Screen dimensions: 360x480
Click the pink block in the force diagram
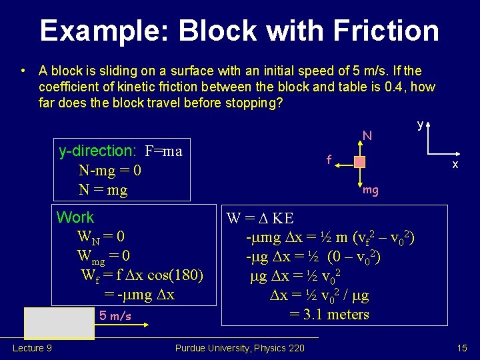click(x=360, y=162)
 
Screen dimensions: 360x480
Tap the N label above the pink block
click(x=366, y=137)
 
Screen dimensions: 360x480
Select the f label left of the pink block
click(x=329, y=160)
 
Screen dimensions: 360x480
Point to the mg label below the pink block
click(x=371, y=190)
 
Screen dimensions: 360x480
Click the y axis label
click(x=420, y=125)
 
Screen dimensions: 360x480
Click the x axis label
click(x=455, y=165)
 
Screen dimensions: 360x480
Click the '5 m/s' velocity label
click(x=115, y=315)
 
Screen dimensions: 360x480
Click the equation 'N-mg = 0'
click(x=109, y=171)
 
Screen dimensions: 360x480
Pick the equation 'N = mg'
click(x=103, y=190)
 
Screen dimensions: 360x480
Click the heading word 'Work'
click(x=75, y=217)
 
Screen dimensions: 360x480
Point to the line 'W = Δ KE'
click(x=260, y=218)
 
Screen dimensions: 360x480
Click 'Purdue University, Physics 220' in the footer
click(x=239, y=348)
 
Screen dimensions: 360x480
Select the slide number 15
click(x=462, y=348)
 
